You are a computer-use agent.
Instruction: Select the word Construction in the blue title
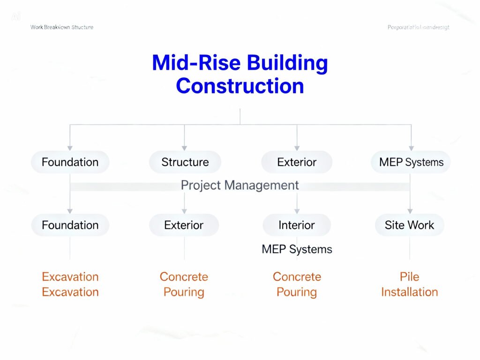point(240,86)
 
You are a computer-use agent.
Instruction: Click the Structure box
point(185,162)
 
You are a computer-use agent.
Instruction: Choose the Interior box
point(296,225)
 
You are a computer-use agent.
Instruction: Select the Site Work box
point(409,225)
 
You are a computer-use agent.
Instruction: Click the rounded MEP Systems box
point(411,162)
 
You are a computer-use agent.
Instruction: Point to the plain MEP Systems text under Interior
point(297,249)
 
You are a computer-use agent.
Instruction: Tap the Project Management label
point(240,185)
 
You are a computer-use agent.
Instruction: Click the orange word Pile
point(409,277)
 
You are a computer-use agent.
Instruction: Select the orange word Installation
point(409,292)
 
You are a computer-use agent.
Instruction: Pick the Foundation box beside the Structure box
point(70,162)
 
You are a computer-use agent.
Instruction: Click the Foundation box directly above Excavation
point(70,225)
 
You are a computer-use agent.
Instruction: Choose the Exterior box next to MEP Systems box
point(296,162)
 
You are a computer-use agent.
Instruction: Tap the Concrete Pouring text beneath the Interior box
point(296,284)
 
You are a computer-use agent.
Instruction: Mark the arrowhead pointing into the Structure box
point(184,147)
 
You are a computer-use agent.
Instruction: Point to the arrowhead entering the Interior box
point(297,210)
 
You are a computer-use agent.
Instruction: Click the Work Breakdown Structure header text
point(62,27)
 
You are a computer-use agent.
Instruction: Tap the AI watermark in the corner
point(16,17)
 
